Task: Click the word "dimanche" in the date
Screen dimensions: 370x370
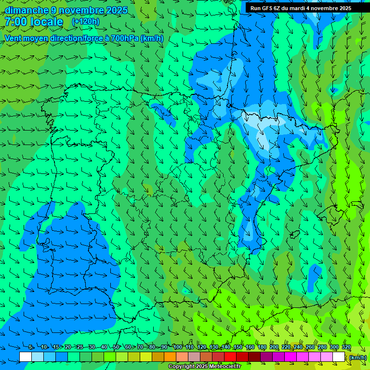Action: (26, 11)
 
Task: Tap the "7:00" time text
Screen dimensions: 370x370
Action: (16, 22)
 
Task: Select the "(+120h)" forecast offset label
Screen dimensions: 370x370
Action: (86, 22)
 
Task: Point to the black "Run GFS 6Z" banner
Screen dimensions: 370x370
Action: (301, 8)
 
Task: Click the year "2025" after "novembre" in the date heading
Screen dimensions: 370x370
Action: (117, 11)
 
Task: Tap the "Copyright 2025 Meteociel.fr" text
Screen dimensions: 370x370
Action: (204, 366)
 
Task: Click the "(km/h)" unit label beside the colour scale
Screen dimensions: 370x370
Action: (357, 357)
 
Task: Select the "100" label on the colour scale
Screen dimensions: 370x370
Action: (178, 347)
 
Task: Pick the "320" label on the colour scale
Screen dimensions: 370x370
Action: (346, 347)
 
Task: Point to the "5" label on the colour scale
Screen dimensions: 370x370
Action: (30, 347)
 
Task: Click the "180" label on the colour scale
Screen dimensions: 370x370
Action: (262, 347)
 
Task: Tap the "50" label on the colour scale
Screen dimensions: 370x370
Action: (116, 347)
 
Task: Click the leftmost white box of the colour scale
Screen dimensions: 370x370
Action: (26, 357)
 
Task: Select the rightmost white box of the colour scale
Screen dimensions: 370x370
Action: (339, 357)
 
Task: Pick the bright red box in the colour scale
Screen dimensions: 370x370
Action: (230, 357)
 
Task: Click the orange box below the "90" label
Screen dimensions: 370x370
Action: (170, 357)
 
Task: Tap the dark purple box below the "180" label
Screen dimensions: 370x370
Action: (266, 357)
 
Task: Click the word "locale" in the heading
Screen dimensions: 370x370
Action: (47, 22)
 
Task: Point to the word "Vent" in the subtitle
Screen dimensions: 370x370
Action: (14, 39)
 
